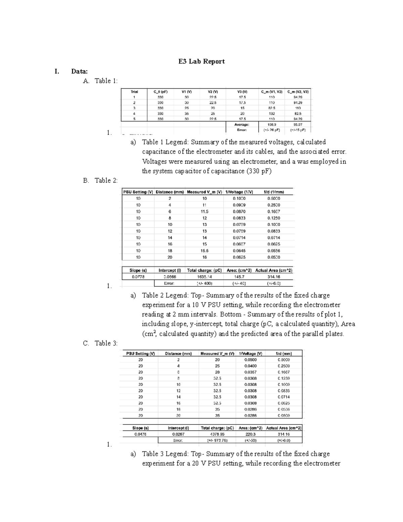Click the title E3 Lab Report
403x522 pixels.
(x=201, y=62)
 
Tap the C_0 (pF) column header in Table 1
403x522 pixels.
(x=161, y=91)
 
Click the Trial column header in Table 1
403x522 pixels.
(x=134, y=91)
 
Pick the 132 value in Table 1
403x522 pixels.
(x=272, y=114)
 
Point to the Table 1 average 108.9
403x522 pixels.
(x=272, y=124)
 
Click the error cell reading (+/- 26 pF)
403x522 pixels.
(x=272, y=130)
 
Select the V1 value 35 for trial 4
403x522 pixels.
(x=187, y=114)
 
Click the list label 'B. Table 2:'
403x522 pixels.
(x=100, y=180)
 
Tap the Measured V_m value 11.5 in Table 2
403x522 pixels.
(x=205, y=211)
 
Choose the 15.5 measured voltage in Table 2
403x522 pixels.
(x=205, y=251)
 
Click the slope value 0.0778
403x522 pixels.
(x=138, y=277)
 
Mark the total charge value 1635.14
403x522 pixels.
(x=204, y=277)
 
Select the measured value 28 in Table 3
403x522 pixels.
(x=217, y=372)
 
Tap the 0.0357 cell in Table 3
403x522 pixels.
(x=250, y=372)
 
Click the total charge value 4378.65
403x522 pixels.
(x=217, y=434)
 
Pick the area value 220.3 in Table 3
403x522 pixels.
(x=250, y=434)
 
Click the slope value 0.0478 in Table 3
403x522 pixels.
(x=140, y=434)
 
